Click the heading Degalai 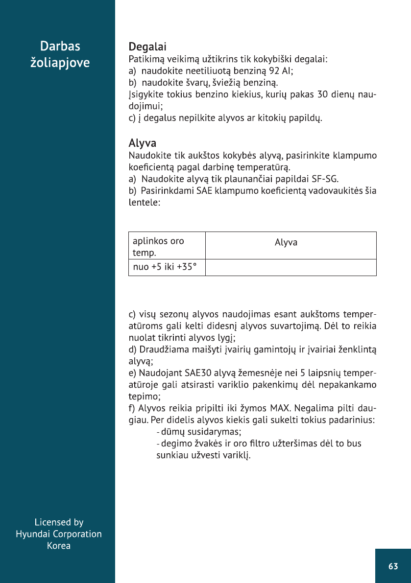(147, 47)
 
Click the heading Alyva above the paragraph (142, 143)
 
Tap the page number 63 (393, 566)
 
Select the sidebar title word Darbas (60, 47)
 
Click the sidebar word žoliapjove (60, 63)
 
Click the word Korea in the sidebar (59, 546)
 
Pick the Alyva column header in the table (286, 242)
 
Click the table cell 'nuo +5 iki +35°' (162, 268)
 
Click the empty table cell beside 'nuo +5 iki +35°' (290, 268)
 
